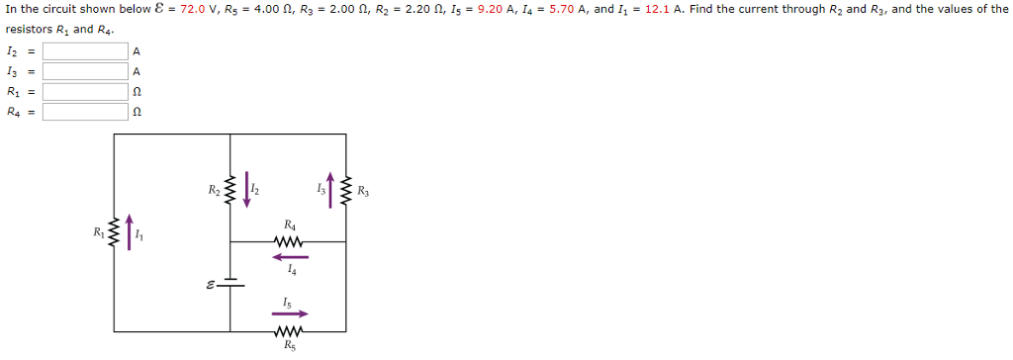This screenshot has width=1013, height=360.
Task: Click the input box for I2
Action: pyautogui.click(x=85, y=51)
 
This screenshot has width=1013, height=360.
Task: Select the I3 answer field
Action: pyautogui.click(x=85, y=71)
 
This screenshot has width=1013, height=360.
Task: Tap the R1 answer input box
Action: pyautogui.click(x=85, y=91)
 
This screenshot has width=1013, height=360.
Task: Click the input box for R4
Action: pyautogui.click(x=85, y=111)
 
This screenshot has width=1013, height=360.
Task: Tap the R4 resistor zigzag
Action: pyautogui.click(x=289, y=240)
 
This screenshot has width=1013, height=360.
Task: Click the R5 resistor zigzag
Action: pyautogui.click(x=289, y=330)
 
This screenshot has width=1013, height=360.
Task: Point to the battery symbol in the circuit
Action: pyautogui.click(x=230, y=283)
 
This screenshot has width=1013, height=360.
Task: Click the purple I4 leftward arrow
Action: pyautogui.click(x=289, y=257)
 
